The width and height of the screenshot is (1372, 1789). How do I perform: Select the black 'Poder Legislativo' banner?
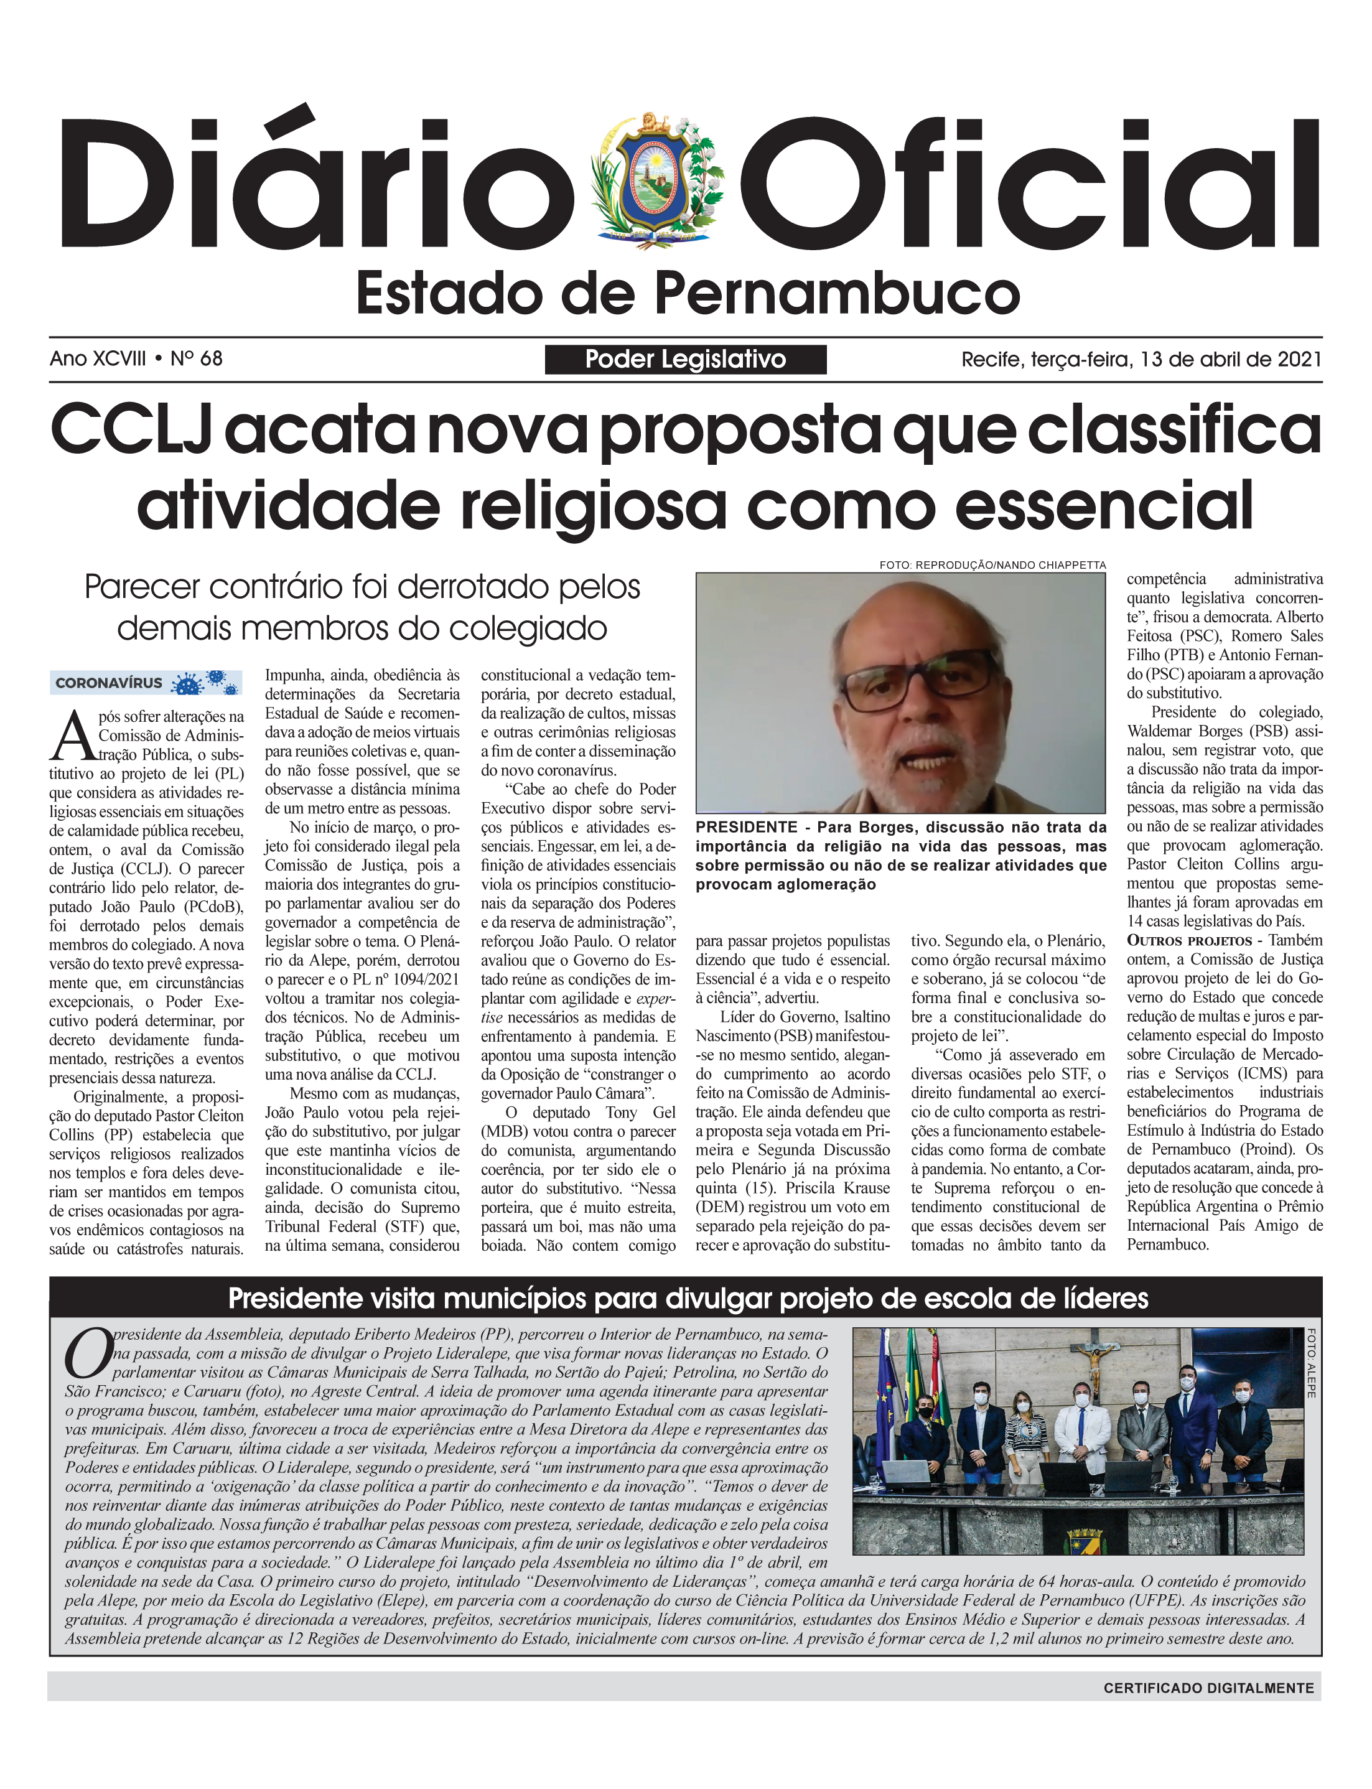(685, 359)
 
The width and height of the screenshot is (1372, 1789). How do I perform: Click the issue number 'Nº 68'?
(196, 359)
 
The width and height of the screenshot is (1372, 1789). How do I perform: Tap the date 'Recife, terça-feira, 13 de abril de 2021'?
(1141, 359)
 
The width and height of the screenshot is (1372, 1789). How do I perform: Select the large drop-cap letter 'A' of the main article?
(73, 736)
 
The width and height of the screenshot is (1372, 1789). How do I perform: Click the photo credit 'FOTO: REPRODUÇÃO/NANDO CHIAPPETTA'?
(992, 565)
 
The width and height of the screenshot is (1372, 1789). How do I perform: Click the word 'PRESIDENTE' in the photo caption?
(745, 827)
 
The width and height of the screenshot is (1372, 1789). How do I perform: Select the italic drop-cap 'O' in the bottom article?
(88, 1354)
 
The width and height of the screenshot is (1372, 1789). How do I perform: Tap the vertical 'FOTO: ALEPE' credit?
(1311, 1363)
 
